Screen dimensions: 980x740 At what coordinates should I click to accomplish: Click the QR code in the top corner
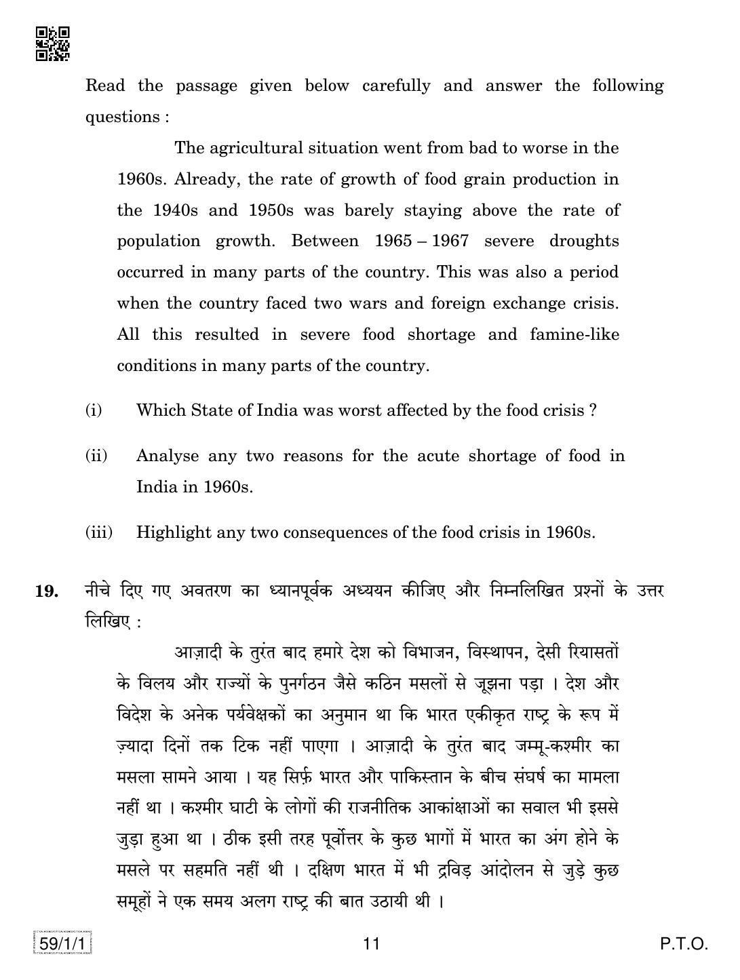(x=52, y=44)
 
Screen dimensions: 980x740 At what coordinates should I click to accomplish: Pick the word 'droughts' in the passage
(x=584, y=241)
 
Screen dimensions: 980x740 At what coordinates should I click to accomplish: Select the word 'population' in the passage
(x=159, y=241)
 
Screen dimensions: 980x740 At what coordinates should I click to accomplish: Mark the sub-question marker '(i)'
(x=94, y=410)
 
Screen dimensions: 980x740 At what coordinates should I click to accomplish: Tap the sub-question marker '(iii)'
(x=99, y=532)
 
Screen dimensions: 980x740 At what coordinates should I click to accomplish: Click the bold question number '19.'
(x=46, y=591)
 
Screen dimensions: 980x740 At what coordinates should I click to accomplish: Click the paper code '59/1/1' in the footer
(x=60, y=943)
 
